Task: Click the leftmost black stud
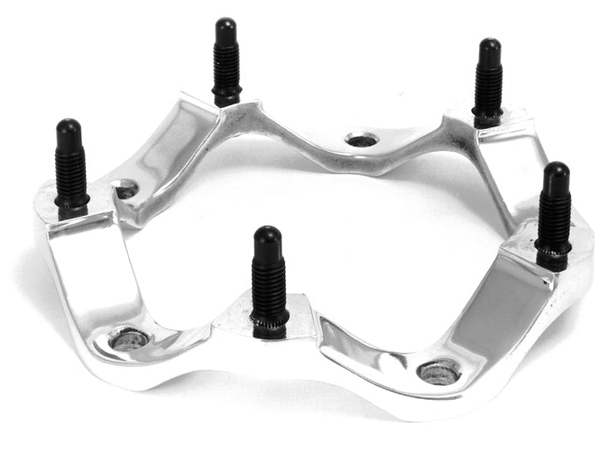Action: click(x=70, y=167)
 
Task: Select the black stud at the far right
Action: click(x=554, y=215)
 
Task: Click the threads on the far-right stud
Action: click(x=554, y=228)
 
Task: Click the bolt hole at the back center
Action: click(x=360, y=139)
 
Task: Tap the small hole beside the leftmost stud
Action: click(x=126, y=189)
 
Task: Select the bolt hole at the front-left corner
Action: click(x=129, y=339)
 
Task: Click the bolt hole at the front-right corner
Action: click(x=439, y=371)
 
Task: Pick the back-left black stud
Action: click(x=226, y=61)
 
